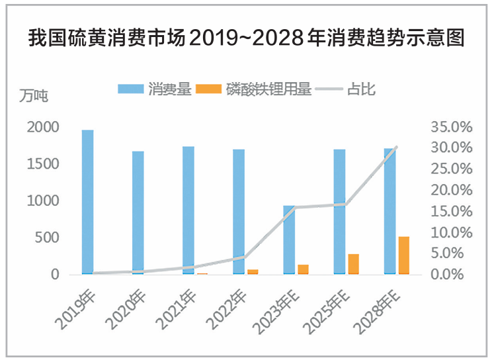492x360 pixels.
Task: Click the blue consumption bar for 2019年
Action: [x=87, y=202]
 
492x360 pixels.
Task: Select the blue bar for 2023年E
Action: [x=289, y=240]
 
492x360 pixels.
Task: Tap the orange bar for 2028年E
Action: [x=403, y=255]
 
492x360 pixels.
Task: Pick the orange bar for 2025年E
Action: [x=353, y=263]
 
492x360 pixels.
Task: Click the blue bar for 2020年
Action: [x=138, y=212]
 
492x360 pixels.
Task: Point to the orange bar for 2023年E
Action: [x=303, y=269]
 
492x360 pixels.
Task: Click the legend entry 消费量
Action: [x=156, y=89]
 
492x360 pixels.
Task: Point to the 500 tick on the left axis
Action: [x=51, y=238]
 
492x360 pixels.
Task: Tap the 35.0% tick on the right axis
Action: [x=450, y=126]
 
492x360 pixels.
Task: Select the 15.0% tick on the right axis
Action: [x=450, y=211]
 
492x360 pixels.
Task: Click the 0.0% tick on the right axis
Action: [x=453, y=275]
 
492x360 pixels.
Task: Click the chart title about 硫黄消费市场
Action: [x=246, y=38]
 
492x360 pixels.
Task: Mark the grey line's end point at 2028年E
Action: [x=396, y=148]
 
